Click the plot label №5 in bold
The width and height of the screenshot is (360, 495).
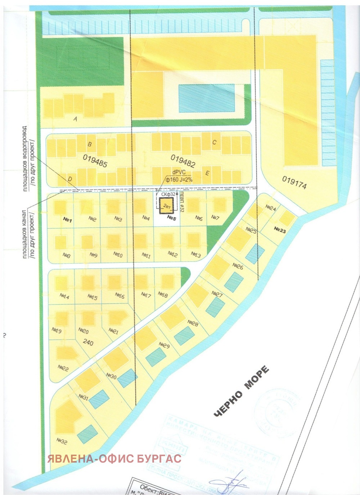(x=171, y=218)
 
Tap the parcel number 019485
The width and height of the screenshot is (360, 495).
(x=95, y=161)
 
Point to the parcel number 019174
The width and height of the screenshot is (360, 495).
(x=294, y=183)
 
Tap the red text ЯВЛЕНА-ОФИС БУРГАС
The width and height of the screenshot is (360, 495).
(x=114, y=459)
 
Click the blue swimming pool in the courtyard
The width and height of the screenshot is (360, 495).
(x=207, y=98)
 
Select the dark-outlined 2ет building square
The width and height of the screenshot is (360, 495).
(x=167, y=206)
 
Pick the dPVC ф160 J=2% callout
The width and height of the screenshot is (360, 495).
(x=179, y=176)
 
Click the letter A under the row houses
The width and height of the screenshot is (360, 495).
(x=76, y=119)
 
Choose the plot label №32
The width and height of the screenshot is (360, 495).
(x=62, y=441)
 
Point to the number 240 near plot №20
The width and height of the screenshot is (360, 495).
(x=88, y=342)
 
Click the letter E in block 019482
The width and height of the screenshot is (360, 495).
(x=207, y=173)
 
